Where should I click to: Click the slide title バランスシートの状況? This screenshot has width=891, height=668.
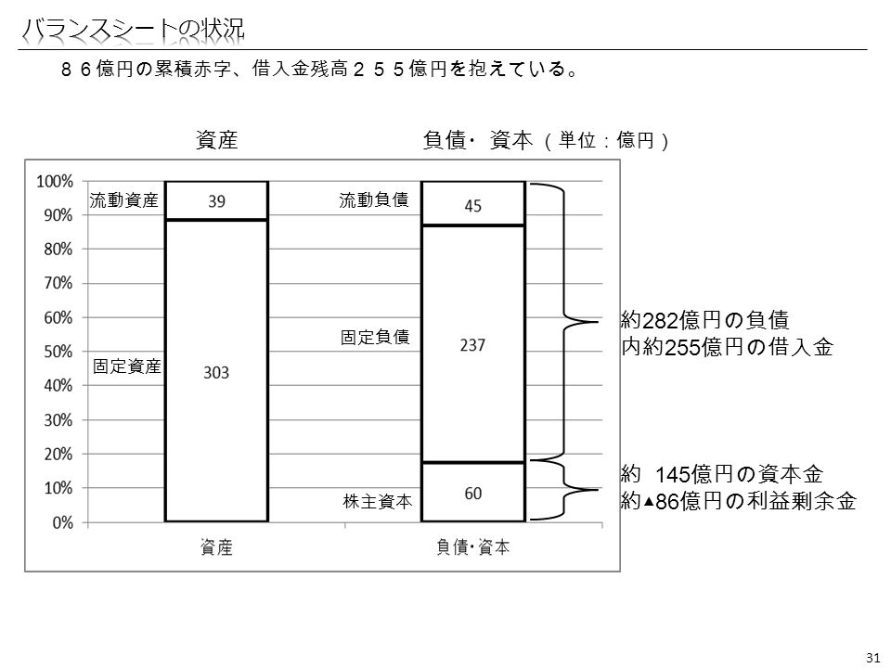click(133, 30)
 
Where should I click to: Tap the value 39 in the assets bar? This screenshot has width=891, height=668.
click(216, 201)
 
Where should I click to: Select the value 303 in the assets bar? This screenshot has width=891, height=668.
click(216, 373)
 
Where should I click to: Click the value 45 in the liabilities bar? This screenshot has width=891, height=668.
click(472, 206)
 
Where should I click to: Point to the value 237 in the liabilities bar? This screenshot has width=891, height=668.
click(472, 345)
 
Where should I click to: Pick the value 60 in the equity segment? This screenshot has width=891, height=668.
click(472, 494)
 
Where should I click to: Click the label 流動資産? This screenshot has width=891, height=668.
click(123, 200)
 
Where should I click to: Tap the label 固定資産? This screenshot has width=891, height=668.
click(127, 366)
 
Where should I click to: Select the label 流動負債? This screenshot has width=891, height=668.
click(374, 200)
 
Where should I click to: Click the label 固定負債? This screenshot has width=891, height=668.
click(375, 337)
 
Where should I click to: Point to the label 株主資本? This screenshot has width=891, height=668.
click(378, 502)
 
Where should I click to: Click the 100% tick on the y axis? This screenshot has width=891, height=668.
click(55, 182)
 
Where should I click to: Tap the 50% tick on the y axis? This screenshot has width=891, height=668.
click(58, 352)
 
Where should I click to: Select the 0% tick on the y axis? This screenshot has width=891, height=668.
click(62, 522)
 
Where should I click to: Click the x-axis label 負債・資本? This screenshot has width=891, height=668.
click(473, 547)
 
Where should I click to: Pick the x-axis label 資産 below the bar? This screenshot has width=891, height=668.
click(216, 547)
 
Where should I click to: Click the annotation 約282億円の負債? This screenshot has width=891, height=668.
click(704, 320)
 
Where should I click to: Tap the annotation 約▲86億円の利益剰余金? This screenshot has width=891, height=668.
click(738, 501)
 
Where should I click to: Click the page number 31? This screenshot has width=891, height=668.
click(872, 658)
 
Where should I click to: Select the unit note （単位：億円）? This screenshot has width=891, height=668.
click(606, 140)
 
